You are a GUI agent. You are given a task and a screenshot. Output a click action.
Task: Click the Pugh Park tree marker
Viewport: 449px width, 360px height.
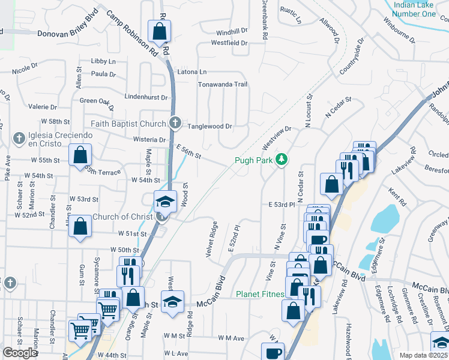pyautogui.click(x=280, y=160)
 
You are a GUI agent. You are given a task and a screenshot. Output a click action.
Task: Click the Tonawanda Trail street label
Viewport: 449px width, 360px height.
pyautogui.click(x=223, y=85)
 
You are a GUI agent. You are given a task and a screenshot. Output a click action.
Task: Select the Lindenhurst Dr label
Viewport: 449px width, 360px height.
pyautogui.click(x=145, y=97)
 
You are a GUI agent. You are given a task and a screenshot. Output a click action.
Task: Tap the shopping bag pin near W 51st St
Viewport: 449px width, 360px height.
pyautogui.click(x=80, y=227)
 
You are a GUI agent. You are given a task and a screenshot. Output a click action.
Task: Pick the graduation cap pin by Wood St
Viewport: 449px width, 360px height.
pyautogui.click(x=165, y=200)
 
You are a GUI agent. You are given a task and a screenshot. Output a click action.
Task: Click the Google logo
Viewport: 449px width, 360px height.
pyautogui.click(x=20, y=353)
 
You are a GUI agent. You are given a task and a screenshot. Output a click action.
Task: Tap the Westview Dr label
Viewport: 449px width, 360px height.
pyautogui.click(x=276, y=139)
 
